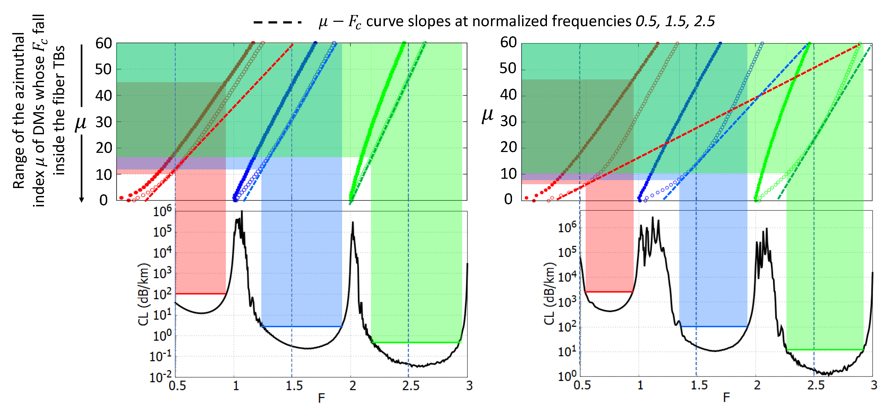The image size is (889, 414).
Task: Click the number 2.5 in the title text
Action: (704, 21)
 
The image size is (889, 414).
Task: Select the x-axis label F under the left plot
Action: (321, 398)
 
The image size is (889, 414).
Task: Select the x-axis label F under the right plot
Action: (726, 397)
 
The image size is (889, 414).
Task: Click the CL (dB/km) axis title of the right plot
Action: (549, 293)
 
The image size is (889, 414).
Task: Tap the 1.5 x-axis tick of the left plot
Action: (294, 386)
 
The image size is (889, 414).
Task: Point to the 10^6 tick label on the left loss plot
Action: (162, 211)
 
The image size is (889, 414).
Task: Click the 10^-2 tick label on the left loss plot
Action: (160, 377)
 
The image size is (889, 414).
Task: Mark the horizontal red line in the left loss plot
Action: (200, 294)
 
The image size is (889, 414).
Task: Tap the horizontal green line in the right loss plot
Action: (825, 350)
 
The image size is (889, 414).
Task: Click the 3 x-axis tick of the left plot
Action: (469, 386)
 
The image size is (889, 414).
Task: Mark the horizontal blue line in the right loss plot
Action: (713, 326)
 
